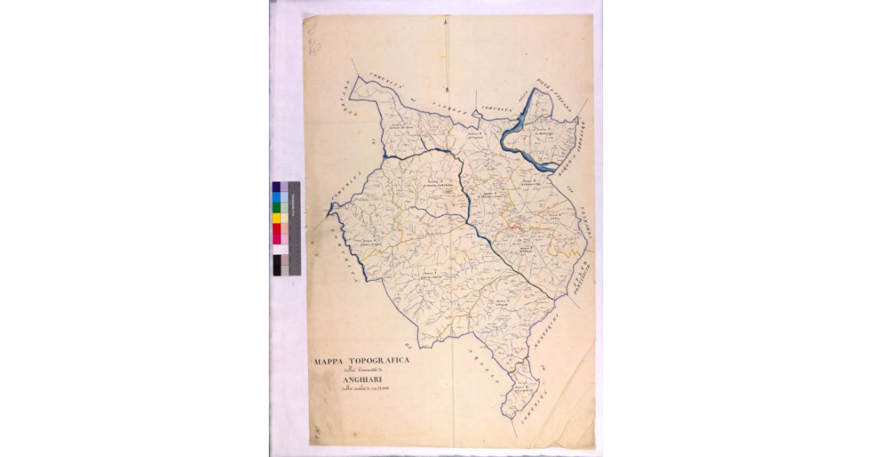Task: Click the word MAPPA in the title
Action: [x=330, y=361]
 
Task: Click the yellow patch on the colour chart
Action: [x=276, y=218]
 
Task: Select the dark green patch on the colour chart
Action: [x=276, y=207]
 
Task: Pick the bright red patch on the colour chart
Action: [x=276, y=228]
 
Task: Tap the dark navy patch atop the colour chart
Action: [x=276, y=186]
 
